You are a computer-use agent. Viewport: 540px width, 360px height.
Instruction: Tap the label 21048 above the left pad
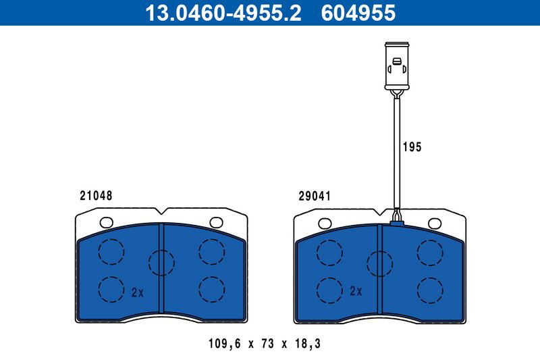click(x=95, y=196)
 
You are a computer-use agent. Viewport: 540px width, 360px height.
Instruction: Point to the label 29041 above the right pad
click(x=314, y=197)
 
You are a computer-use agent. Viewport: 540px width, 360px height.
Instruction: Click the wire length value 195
click(x=412, y=147)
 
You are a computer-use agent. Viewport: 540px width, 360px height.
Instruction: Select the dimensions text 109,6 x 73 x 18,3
click(x=264, y=344)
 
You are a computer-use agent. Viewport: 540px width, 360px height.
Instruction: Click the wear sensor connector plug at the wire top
click(x=396, y=66)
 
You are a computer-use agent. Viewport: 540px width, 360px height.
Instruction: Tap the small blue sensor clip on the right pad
click(x=396, y=218)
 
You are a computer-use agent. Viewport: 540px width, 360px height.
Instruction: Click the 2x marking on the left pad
click(x=138, y=292)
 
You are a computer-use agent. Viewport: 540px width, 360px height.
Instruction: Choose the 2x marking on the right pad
click(x=356, y=292)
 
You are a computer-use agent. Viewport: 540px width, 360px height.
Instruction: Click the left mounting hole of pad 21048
click(x=105, y=222)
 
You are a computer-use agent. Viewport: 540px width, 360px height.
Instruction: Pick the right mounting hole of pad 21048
click(x=216, y=222)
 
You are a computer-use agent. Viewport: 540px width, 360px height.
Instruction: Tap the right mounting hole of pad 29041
click(x=435, y=222)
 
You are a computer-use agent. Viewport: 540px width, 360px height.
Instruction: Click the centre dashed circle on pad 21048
click(x=161, y=261)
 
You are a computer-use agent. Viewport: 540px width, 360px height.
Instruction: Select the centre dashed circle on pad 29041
click(x=380, y=261)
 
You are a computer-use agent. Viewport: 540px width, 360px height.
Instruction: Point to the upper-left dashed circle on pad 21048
click(x=111, y=252)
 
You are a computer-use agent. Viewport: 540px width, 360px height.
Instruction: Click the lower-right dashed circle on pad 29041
click(x=430, y=290)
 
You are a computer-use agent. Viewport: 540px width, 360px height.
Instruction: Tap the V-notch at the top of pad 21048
click(x=161, y=211)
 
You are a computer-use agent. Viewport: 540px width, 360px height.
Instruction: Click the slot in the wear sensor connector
click(x=396, y=66)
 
